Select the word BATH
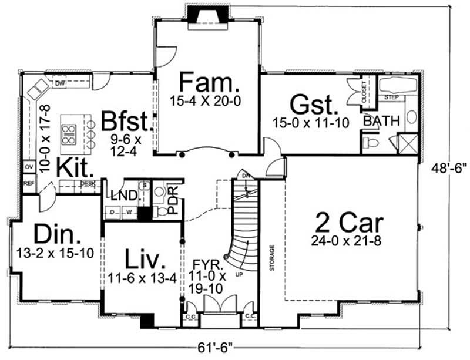click(381, 121)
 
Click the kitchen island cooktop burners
click(69, 134)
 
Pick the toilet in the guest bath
click(371, 143)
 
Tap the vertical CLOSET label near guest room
click(364, 92)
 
